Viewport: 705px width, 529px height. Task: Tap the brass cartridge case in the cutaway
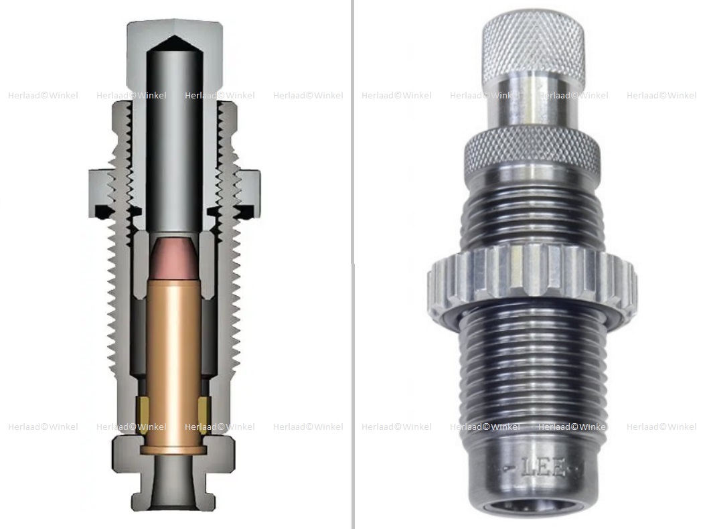pyautogui.click(x=173, y=355)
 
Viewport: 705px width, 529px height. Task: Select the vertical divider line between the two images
pyautogui.click(x=353, y=268)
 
